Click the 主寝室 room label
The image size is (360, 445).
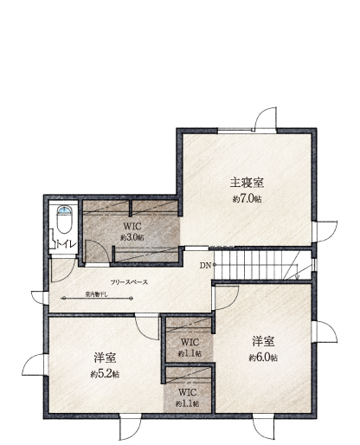pyautogui.click(x=247, y=183)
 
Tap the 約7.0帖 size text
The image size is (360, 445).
pyautogui.click(x=247, y=198)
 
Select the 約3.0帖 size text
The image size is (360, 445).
pyautogui.click(x=132, y=236)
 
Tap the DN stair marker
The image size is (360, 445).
pyautogui.click(x=204, y=265)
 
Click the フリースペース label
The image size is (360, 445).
pyautogui.click(x=128, y=283)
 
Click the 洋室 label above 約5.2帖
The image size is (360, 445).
pyautogui.click(x=106, y=358)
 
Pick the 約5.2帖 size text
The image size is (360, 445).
pyautogui.click(x=106, y=373)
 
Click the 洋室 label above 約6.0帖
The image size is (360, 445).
pyautogui.click(x=264, y=340)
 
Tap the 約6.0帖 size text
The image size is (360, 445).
pyautogui.click(x=263, y=356)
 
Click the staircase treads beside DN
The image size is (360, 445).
pyautogui.click(x=260, y=264)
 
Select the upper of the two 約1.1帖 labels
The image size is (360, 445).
pyautogui.click(x=188, y=353)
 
